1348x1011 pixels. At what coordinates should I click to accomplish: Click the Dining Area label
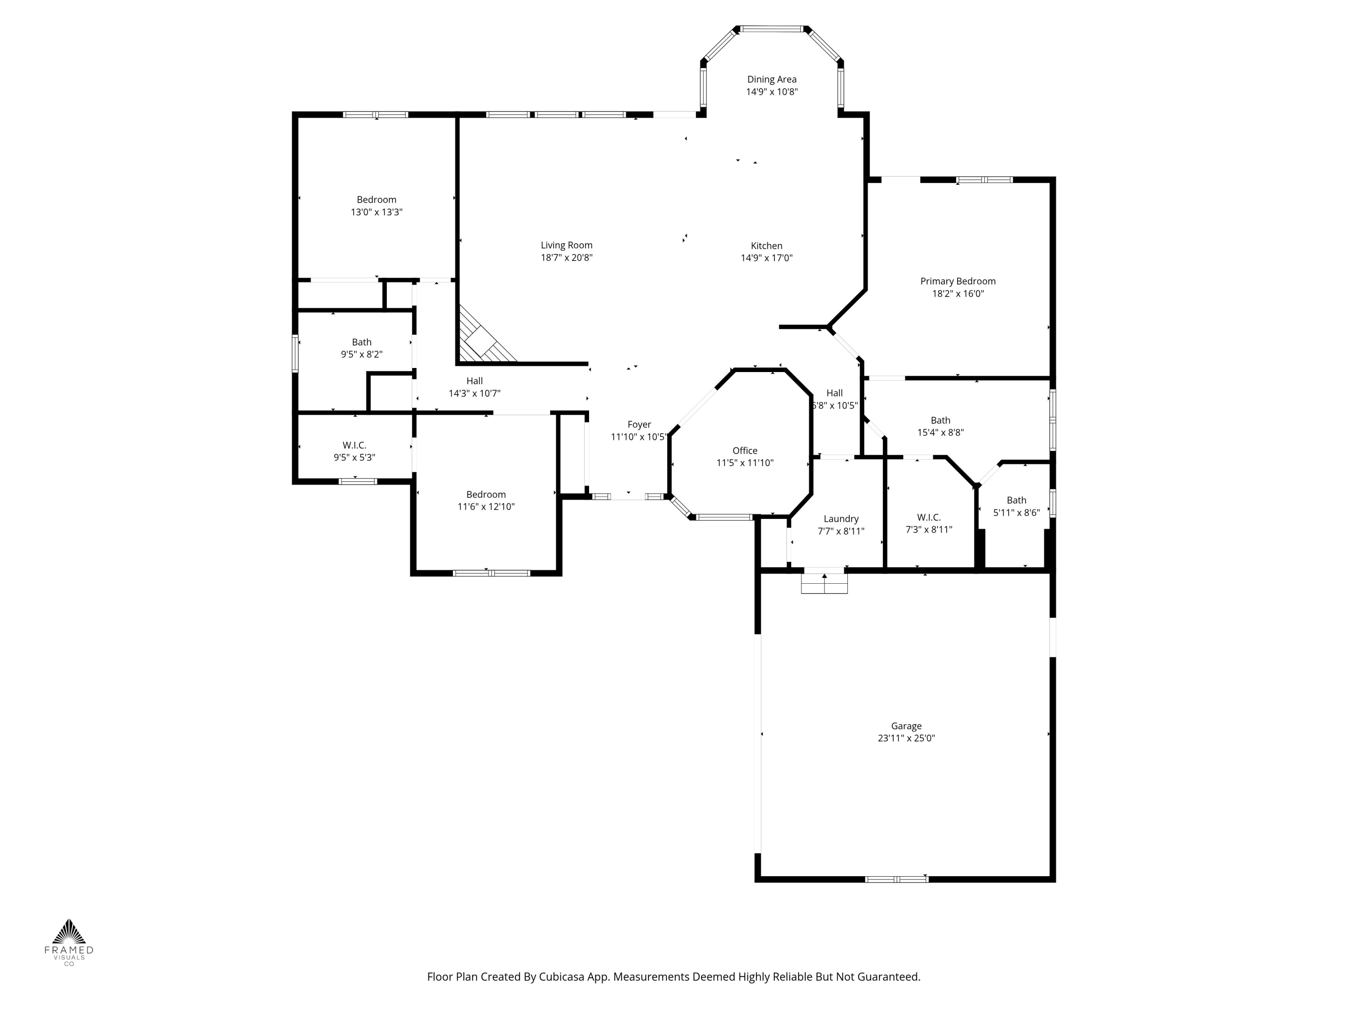pyautogui.click(x=772, y=79)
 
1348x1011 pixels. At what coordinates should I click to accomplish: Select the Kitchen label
pyautogui.click(x=766, y=246)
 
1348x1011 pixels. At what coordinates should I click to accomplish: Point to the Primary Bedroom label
pyautogui.click(x=958, y=281)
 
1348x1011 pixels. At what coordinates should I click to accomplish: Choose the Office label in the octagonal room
pyautogui.click(x=745, y=450)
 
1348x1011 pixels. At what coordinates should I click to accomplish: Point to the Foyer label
pyautogui.click(x=639, y=424)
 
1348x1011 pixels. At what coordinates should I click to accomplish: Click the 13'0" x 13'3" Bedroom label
pyautogui.click(x=376, y=199)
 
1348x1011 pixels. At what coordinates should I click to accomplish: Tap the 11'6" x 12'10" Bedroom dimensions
pyautogui.click(x=486, y=506)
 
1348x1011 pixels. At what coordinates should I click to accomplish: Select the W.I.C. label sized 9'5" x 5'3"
pyautogui.click(x=354, y=445)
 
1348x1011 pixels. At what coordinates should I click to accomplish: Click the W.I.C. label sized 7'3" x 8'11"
pyautogui.click(x=928, y=517)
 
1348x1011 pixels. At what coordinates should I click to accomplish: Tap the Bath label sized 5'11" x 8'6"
pyautogui.click(x=1016, y=500)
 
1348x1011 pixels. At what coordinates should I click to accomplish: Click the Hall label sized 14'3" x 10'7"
pyautogui.click(x=474, y=381)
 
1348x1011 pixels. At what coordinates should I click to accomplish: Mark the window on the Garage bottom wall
pyautogui.click(x=896, y=879)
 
